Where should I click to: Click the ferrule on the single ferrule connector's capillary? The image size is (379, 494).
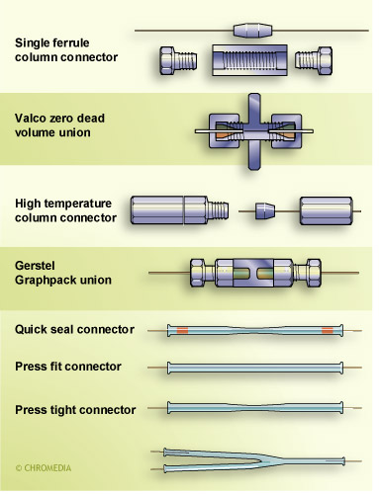(253, 30)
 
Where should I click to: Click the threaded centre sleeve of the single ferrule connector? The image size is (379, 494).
(249, 60)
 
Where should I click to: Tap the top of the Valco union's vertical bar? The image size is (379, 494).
(254, 96)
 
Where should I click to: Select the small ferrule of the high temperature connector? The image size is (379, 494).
(265, 211)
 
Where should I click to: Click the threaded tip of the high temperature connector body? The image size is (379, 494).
(218, 210)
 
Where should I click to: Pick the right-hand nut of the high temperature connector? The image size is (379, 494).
(326, 211)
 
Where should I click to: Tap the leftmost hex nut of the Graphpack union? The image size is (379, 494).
(197, 273)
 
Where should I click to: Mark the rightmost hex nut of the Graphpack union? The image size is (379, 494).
(314, 273)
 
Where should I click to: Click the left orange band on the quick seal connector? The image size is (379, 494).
(182, 330)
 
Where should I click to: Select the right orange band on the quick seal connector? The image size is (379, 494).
(328, 330)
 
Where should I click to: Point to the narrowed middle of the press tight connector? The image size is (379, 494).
(254, 408)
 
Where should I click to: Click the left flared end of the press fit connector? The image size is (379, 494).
(169, 368)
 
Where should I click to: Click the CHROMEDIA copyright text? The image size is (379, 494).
(44, 468)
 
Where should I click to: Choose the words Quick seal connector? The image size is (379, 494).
(74, 329)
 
